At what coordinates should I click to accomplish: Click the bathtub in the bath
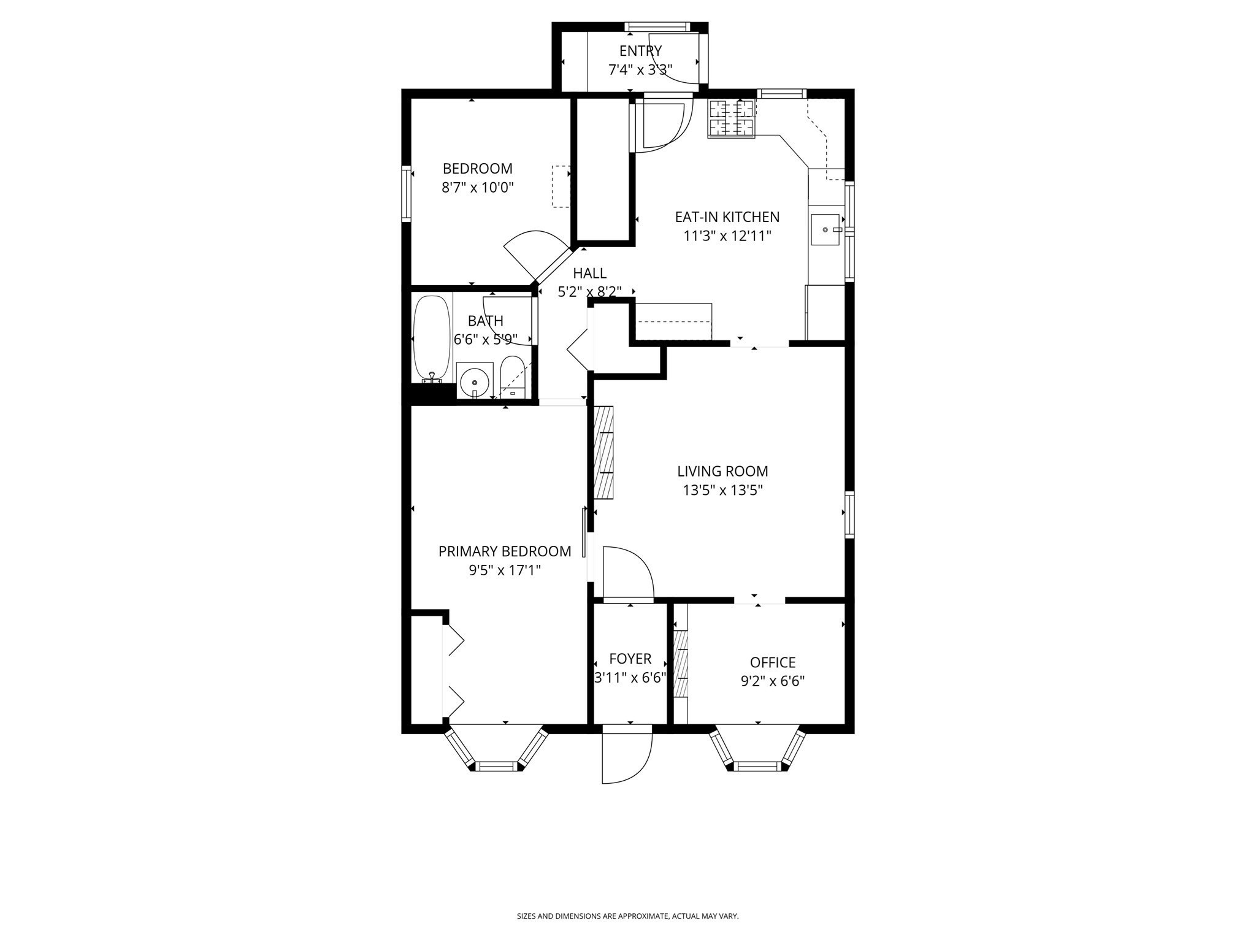pyautogui.click(x=431, y=339)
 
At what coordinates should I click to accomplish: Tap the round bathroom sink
pyautogui.click(x=475, y=381)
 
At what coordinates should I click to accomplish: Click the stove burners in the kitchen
pyautogui.click(x=731, y=118)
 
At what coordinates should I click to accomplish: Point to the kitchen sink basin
pyautogui.click(x=825, y=229)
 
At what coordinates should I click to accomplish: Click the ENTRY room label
pyautogui.click(x=640, y=51)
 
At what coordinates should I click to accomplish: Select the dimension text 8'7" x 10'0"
pyautogui.click(x=477, y=188)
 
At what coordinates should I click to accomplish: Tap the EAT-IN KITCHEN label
pyautogui.click(x=727, y=217)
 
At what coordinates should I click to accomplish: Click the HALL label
pyautogui.click(x=589, y=274)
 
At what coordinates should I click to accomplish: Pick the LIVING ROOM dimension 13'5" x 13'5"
pyautogui.click(x=722, y=491)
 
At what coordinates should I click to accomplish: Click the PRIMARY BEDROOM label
pyautogui.click(x=504, y=551)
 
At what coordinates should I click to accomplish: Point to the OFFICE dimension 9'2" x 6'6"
pyautogui.click(x=772, y=681)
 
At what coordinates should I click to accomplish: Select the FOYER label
pyautogui.click(x=630, y=659)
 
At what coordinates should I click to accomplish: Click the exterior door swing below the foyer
pyautogui.click(x=626, y=757)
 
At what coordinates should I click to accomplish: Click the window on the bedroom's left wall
pyautogui.click(x=406, y=193)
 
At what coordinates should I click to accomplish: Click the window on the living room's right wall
pyautogui.click(x=849, y=515)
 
